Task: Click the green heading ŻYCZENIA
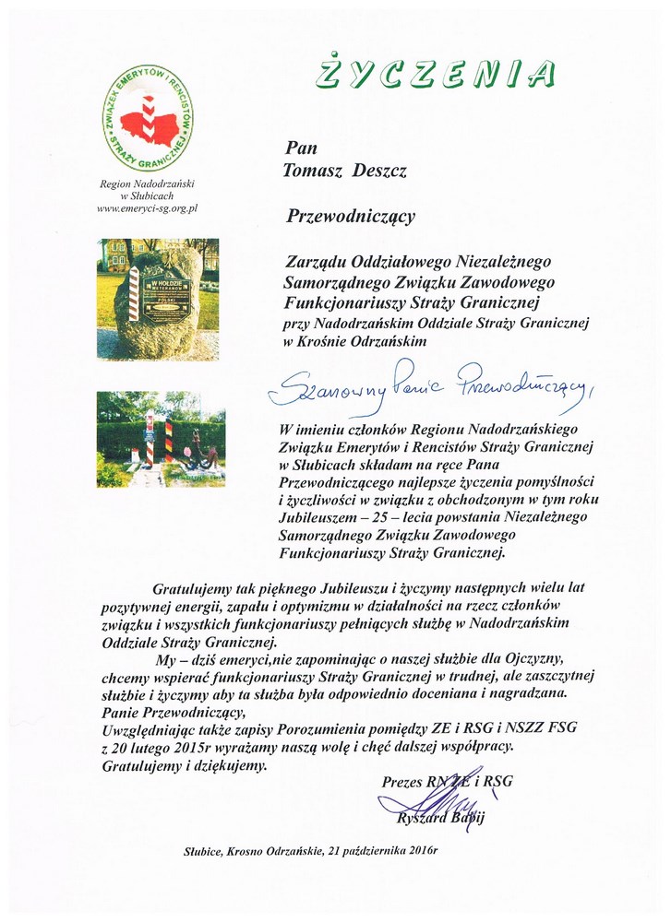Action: coord(434,73)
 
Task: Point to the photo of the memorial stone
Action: coord(159,297)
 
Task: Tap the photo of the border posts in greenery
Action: coord(159,439)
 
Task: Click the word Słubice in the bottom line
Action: coord(205,849)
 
